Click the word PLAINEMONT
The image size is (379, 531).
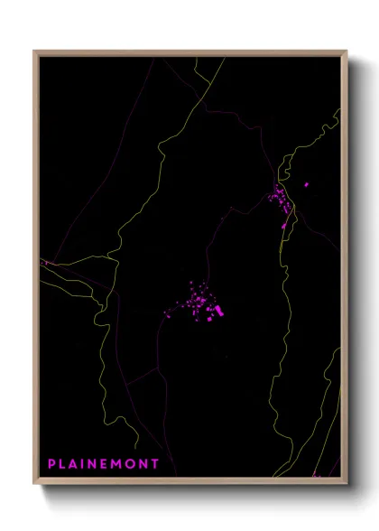click(104, 464)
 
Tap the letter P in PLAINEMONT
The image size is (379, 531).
click(52, 464)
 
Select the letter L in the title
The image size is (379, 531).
click(63, 464)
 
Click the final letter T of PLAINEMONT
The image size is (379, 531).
click(156, 464)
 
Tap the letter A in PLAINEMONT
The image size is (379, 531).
click(75, 464)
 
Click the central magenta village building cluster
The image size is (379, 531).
click(200, 303)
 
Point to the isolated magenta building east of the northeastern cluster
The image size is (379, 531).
click(307, 185)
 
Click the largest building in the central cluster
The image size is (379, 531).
click(217, 312)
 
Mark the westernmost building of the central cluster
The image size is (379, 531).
click(165, 314)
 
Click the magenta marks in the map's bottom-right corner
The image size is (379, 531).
click(315, 472)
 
